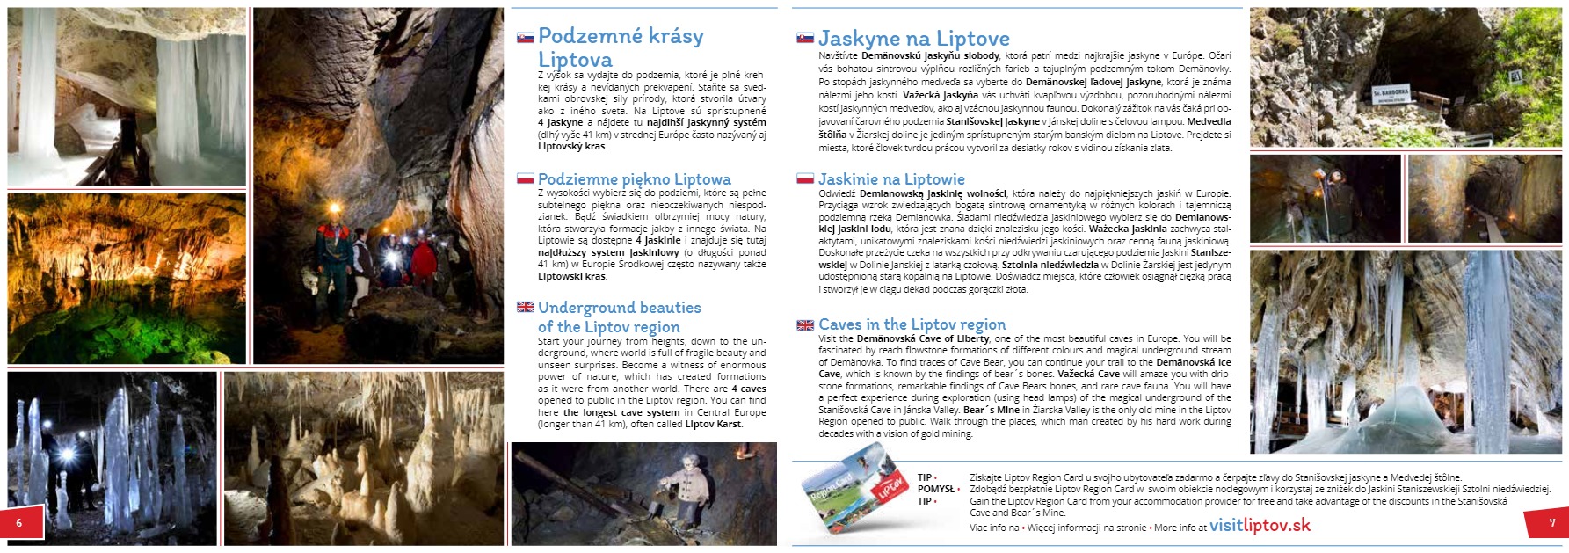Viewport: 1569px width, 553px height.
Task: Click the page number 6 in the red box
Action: (18, 523)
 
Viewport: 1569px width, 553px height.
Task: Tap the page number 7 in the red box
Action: (1552, 523)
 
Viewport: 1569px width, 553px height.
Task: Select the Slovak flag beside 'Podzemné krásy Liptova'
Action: (526, 38)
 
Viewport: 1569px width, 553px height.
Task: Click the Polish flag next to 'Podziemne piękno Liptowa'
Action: (526, 179)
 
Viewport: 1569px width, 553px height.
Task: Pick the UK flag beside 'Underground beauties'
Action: (526, 308)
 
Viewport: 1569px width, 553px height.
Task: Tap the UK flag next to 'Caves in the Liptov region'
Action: (804, 325)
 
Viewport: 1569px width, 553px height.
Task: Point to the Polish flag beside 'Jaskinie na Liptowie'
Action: (804, 179)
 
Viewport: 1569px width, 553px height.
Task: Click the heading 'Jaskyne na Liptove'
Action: (913, 39)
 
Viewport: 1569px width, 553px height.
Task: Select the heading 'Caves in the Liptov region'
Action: (912, 324)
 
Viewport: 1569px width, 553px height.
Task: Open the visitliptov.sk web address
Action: (1260, 526)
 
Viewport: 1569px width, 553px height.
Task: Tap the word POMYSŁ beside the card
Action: (935, 490)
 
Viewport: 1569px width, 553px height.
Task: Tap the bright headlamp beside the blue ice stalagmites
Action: (65, 455)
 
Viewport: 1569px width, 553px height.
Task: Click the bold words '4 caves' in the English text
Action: (748, 389)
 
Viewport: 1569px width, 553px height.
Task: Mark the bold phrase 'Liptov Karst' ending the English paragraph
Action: (714, 424)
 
